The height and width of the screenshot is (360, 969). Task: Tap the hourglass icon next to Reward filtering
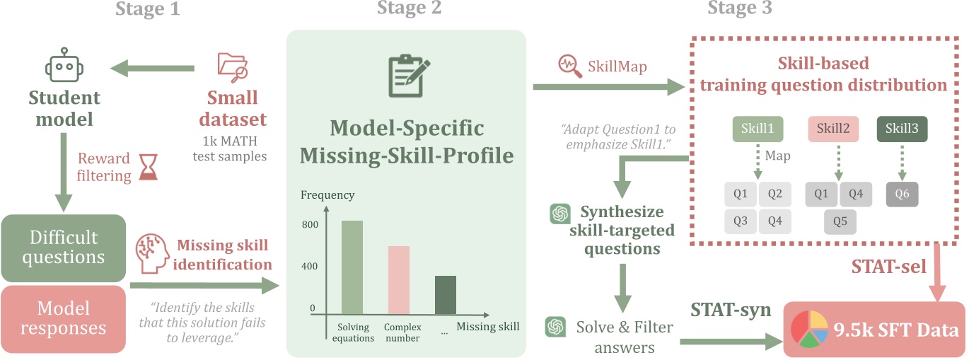(x=148, y=169)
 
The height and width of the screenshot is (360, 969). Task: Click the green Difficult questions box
(x=64, y=247)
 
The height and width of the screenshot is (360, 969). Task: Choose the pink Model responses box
(x=64, y=318)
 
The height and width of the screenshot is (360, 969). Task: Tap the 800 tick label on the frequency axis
(x=310, y=224)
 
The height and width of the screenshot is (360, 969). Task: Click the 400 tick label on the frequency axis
(x=310, y=267)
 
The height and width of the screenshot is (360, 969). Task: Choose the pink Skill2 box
(x=834, y=129)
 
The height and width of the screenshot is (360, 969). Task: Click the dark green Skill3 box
(x=902, y=129)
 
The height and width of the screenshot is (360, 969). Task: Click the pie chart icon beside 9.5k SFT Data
(x=809, y=329)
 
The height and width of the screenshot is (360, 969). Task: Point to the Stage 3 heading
(x=739, y=8)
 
